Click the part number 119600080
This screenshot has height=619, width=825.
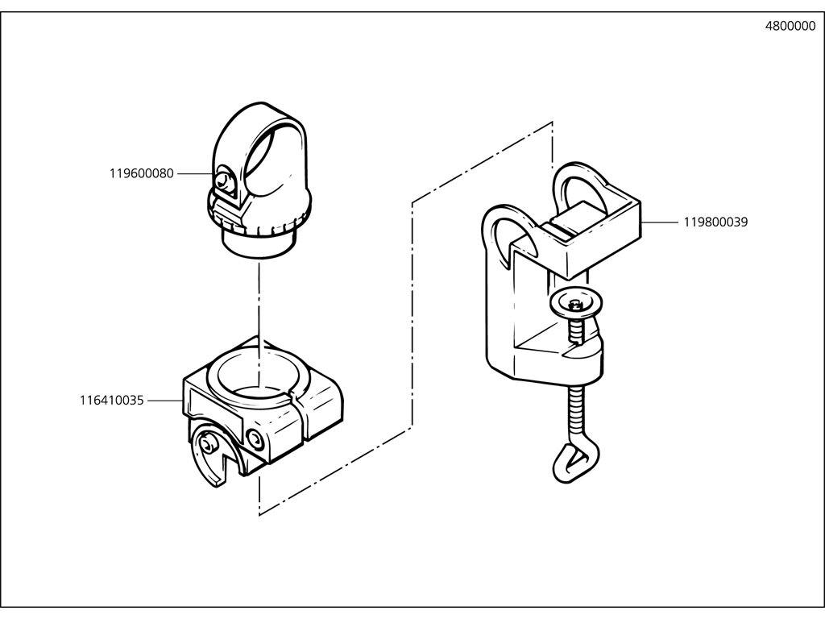[141, 173]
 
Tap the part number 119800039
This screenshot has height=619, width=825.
[716, 222]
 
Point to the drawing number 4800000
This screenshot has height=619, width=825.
[790, 26]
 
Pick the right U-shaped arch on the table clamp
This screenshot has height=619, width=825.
[580, 185]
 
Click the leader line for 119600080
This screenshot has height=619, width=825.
[195, 173]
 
